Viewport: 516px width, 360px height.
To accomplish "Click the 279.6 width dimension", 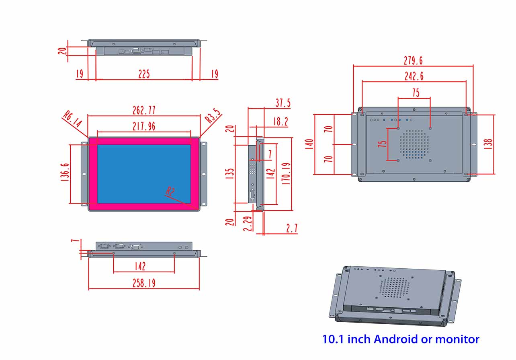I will click(413, 61).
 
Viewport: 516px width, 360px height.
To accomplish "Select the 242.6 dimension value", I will click(414, 76).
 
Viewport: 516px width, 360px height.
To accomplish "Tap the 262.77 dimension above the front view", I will click(144, 110).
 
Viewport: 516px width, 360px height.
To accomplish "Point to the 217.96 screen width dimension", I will click(144, 126).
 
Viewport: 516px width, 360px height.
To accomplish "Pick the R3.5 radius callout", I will click(213, 117).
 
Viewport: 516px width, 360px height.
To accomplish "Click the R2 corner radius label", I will click(170, 192).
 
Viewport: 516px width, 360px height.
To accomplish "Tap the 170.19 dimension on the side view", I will click(286, 173).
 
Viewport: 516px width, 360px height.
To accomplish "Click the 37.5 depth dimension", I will click(283, 103).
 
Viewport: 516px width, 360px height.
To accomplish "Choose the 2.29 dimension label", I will click(248, 224).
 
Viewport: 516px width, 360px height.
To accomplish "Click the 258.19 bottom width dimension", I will click(144, 283).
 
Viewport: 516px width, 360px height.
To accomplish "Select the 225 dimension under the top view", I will click(144, 74).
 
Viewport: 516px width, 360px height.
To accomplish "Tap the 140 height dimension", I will click(309, 144).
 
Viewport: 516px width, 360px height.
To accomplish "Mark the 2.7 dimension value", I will click(292, 228).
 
